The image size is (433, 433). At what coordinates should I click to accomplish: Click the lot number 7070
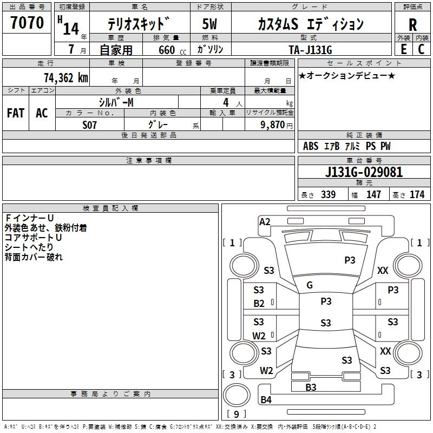27,22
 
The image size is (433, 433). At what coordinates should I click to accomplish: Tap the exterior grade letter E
403,49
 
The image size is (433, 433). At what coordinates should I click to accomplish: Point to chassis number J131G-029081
364,173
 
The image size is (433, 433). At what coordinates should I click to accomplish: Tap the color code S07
90,124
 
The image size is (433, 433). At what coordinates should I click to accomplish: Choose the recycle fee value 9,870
273,124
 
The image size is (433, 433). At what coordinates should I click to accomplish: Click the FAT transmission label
15,113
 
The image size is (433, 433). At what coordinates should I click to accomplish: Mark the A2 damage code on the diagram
265,221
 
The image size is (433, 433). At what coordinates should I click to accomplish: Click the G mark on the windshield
310,285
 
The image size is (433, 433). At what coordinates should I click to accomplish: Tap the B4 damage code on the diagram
266,400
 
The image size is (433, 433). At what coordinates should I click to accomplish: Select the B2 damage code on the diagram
259,304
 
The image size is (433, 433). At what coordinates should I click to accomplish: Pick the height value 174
417,195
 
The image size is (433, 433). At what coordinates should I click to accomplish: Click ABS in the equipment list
311,146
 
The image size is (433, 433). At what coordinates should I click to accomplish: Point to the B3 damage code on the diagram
311,387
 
